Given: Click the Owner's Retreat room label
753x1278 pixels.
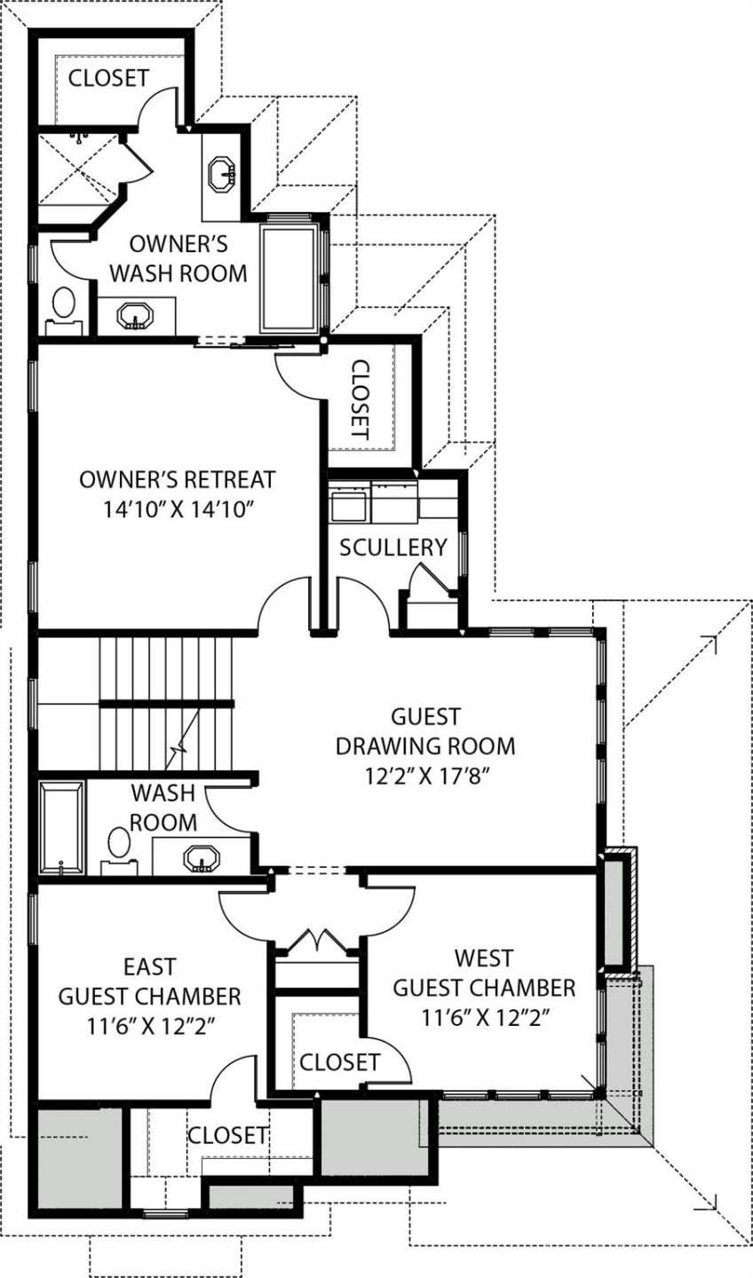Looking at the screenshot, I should click(177, 479).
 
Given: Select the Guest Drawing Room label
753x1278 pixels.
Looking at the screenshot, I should click(425, 730).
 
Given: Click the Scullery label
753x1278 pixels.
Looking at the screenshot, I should click(392, 547).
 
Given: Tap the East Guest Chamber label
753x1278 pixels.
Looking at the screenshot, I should click(149, 980).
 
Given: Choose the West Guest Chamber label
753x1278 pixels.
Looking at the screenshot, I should click(484, 973).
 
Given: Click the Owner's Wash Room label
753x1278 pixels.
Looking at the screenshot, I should click(178, 257).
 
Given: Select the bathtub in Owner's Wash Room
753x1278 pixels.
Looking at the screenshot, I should click(289, 277).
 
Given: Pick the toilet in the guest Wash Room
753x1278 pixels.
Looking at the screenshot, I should click(118, 846).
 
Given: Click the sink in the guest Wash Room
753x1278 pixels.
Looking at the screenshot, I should click(201, 857).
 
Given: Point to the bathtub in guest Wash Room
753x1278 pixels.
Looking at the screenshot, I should click(61, 826).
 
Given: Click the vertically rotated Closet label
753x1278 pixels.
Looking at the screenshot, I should click(359, 399).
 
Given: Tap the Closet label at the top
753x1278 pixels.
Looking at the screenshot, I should click(108, 78).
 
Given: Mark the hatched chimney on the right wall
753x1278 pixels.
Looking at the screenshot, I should click(616, 911).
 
